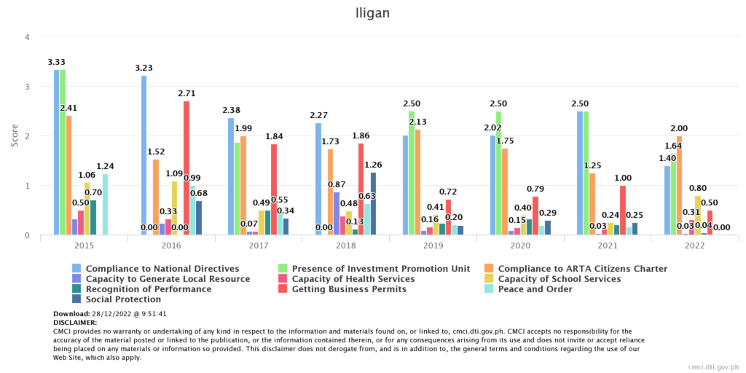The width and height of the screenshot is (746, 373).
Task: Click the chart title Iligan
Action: click(373, 12)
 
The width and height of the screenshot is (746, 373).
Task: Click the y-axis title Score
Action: click(15, 136)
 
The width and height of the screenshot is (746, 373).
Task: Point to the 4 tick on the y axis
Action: click(27, 37)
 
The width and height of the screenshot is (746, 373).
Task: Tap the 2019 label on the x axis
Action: click(433, 246)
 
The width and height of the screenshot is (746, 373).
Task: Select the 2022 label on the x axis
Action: click(695, 246)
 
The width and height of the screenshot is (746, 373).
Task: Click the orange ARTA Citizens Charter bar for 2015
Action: click(68, 175)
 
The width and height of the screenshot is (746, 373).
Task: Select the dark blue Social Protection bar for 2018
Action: click(374, 204)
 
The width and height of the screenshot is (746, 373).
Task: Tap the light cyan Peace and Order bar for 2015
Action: click(105, 204)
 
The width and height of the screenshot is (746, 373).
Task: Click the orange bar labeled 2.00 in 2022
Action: click(680, 186)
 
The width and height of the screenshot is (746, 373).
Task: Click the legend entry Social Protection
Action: click(124, 299)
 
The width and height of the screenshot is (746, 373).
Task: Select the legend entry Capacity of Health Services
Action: click(353, 279)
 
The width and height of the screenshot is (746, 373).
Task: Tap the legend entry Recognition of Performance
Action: click(148, 289)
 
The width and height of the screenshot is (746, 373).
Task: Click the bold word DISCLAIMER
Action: click(76, 322)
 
